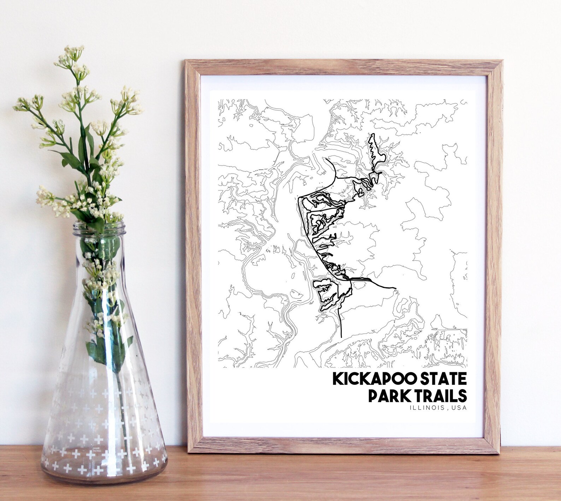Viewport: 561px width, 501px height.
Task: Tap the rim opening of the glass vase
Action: coord(99,226)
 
